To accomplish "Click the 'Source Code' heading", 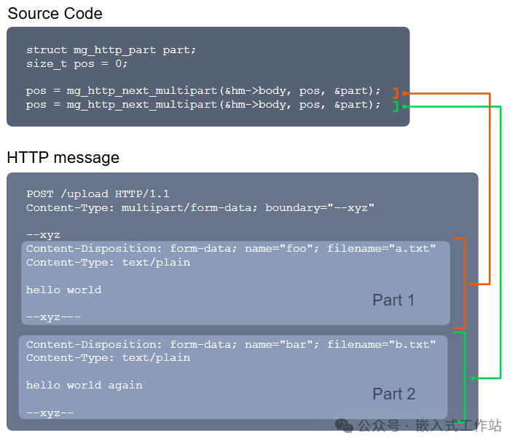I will click(55, 13).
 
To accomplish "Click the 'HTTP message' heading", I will click(63, 157).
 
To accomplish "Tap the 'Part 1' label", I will click(393, 300).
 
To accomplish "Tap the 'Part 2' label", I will click(393, 394).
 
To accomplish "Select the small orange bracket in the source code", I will click(395, 93).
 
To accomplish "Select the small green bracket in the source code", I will click(395, 106).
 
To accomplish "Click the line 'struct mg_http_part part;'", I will click(111, 50).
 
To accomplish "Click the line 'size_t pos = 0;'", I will click(77, 63).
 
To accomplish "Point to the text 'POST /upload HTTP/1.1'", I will click(98, 194).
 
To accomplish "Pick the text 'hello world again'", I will click(85, 385).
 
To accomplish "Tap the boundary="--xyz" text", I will click(320, 207).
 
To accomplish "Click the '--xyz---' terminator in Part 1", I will click(53, 317).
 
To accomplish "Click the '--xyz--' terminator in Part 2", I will click(50, 413).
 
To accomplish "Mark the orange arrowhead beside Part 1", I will click(473, 284).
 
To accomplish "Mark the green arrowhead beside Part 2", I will click(473, 378).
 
